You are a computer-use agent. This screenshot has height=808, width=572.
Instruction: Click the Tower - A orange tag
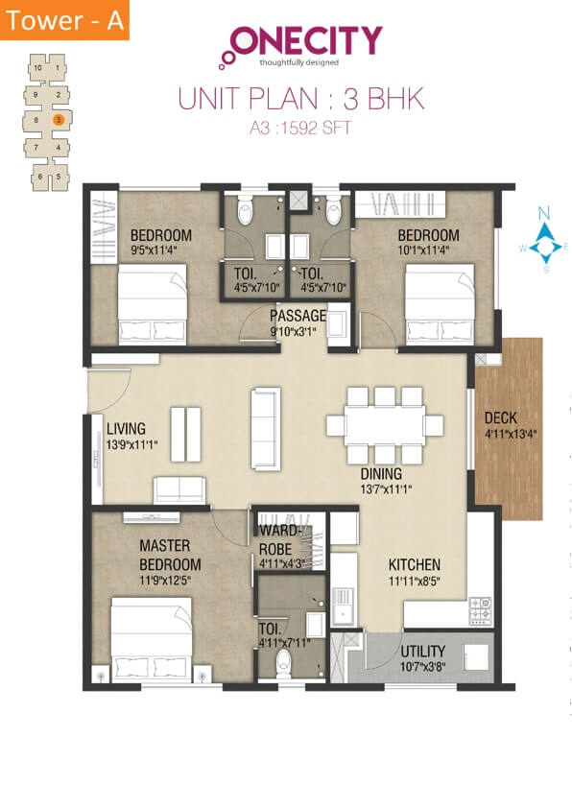(64, 21)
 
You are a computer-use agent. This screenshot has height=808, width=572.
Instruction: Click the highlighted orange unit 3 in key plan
(59, 120)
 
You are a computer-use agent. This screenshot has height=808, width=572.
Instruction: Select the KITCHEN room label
(414, 564)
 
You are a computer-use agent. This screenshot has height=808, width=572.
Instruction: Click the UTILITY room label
(423, 650)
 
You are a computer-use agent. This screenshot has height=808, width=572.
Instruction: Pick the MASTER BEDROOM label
(170, 555)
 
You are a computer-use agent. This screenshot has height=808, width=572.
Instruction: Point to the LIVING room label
(127, 428)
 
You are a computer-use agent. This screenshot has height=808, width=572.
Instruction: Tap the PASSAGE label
(298, 316)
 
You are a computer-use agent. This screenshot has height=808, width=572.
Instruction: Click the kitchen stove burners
(480, 608)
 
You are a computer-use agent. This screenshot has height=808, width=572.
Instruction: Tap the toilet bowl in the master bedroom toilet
(282, 662)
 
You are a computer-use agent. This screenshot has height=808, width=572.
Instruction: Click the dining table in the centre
(374, 424)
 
